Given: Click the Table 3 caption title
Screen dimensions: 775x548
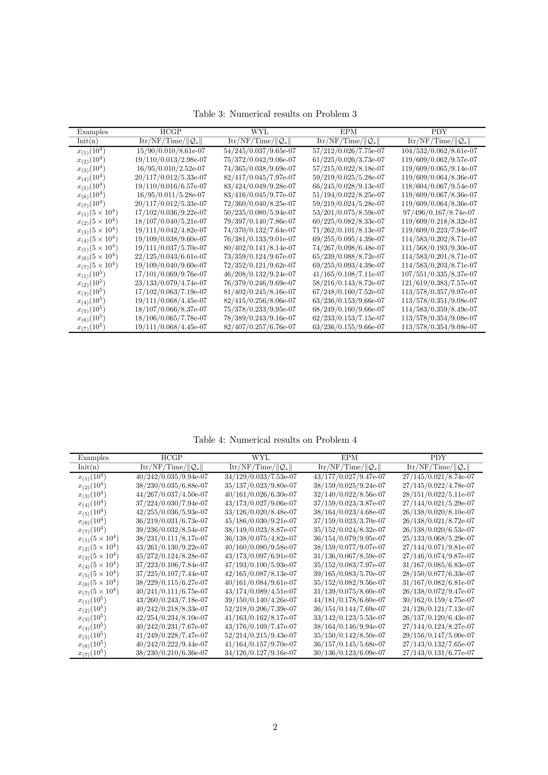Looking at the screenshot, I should [275, 114].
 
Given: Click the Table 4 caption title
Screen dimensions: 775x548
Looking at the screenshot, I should [275, 440].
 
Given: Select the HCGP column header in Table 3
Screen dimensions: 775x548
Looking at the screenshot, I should [171, 132].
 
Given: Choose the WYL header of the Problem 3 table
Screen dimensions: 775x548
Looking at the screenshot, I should [260, 132].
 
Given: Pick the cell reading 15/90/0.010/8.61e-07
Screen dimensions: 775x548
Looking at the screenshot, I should [171, 151].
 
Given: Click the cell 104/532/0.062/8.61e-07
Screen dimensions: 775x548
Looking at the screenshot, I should [439, 151].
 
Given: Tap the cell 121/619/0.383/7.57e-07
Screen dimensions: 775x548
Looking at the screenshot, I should [439, 283].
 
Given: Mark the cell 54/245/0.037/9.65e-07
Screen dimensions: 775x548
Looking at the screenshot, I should [260, 151].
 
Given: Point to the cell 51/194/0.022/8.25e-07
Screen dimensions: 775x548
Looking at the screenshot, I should [348, 195].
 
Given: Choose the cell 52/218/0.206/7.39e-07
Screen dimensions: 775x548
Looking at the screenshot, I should [260, 609].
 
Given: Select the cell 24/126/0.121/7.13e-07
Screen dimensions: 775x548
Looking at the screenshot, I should [438, 609].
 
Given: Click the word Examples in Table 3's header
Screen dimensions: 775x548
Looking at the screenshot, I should [93, 132].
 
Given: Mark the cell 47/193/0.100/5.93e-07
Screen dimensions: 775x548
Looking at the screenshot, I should [260, 565].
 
